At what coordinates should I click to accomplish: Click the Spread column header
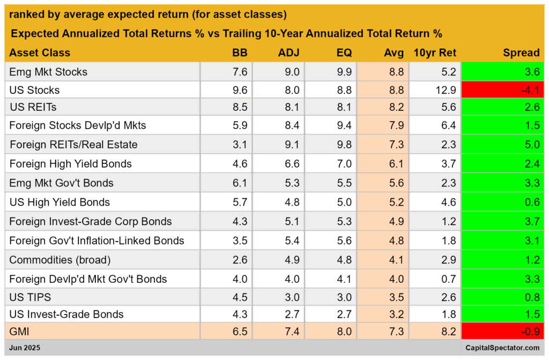pos(521,53)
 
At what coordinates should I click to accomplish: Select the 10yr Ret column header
pos(435,53)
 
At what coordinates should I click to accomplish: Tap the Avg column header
pos(394,53)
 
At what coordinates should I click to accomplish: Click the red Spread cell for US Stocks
pos(502,90)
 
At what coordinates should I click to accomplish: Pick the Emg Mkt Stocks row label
pos(48,72)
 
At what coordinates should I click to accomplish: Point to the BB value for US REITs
pos(240,107)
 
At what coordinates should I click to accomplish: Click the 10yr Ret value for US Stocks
pos(446,90)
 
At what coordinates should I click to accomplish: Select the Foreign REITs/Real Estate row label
pos(73,145)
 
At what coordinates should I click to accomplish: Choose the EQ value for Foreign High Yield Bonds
pos(344,164)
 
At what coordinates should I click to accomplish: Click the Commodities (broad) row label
pos(60,260)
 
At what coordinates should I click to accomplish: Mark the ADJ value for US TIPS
pos(292,297)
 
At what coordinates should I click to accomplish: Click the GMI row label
pos(19,331)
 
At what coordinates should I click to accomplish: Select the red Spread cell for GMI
pos(502,331)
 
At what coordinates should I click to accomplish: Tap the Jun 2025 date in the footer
pos(25,348)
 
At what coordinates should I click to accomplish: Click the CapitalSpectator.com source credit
pos(502,348)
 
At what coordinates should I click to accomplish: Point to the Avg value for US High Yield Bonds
pos(396,202)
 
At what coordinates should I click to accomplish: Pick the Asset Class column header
pos(40,53)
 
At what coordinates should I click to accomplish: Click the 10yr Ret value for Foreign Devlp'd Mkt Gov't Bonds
pos(449,279)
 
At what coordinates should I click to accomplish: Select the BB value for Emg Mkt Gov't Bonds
pos(240,183)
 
